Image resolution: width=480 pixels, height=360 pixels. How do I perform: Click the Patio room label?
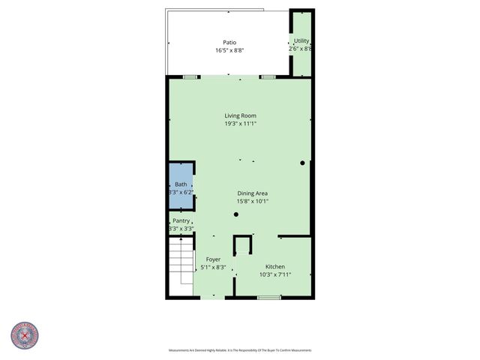pyautogui.click(x=230, y=42)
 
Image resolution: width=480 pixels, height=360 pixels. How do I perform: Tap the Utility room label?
pyautogui.click(x=301, y=41)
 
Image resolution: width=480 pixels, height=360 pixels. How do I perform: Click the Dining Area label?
pyautogui.click(x=253, y=193)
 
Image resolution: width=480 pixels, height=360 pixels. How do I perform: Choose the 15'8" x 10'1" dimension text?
pyautogui.click(x=253, y=201)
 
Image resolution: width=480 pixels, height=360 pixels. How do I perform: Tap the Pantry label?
pyautogui.click(x=181, y=220)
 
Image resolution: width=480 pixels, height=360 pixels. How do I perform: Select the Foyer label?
pyautogui.click(x=213, y=259)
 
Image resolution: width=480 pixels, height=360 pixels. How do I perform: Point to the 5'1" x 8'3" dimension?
pyautogui.click(x=213, y=267)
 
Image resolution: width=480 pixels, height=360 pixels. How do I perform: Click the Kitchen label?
pyautogui.click(x=275, y=266)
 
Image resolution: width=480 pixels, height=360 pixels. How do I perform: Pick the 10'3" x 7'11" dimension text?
pyautogui.click(x=275, y=274)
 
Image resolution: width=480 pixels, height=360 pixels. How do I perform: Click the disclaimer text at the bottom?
pyautogui.click(x=240, y=350)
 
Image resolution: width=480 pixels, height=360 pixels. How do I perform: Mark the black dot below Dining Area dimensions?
pyautogui.click(x=235, y=215)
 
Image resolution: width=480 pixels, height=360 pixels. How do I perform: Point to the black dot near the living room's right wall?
pyautogui.click(x=302, y=163)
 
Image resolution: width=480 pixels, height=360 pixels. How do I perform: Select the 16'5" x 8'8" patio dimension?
pyautogui.click(x=230, y=50)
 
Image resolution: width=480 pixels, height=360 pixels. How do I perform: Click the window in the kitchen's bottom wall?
pyautogui.click(x=268, y=298)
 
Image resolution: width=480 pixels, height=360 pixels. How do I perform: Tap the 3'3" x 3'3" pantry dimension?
pyautogui.click(x=181, y=229)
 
